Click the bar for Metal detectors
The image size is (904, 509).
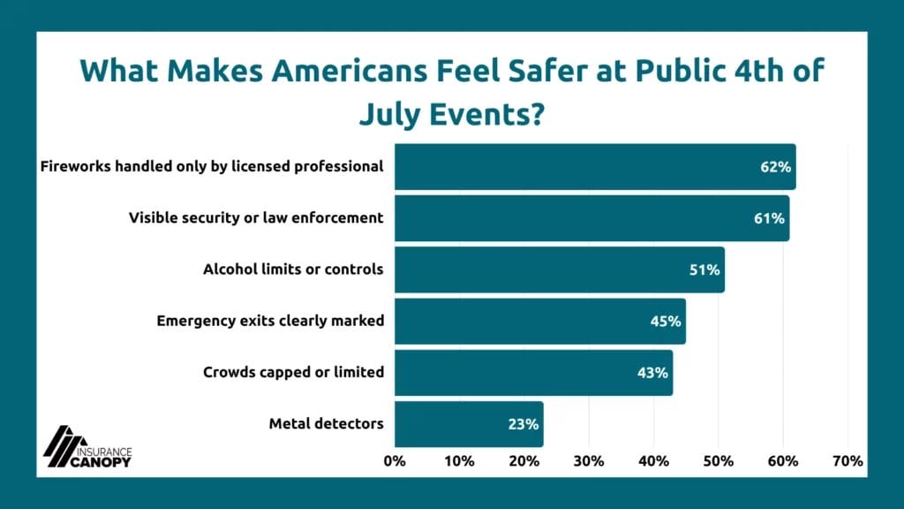pos(468,424)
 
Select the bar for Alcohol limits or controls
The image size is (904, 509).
pos(559,270)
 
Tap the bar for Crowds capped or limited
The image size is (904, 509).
pos(533,372)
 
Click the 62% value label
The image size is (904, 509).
pos(775,167)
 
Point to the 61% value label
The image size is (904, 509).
pos(769,218)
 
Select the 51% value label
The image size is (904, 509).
pos(704,270)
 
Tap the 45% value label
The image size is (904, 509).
pos(666,321)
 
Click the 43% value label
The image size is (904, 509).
pos(652,372)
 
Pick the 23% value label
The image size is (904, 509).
pos(524,424)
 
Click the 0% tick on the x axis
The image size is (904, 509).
pos(395,460)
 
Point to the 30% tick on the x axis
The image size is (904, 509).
pos(589,460)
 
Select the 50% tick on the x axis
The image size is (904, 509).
pos(718,460)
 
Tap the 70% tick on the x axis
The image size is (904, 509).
pos(847,460)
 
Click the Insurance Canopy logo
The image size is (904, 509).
pos(87,446)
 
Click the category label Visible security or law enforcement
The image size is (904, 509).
pos(256,218)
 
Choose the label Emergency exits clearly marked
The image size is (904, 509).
pos(270,321)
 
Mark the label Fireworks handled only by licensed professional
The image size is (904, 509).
pos(212,167)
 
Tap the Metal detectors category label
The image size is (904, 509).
pos(326,424)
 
